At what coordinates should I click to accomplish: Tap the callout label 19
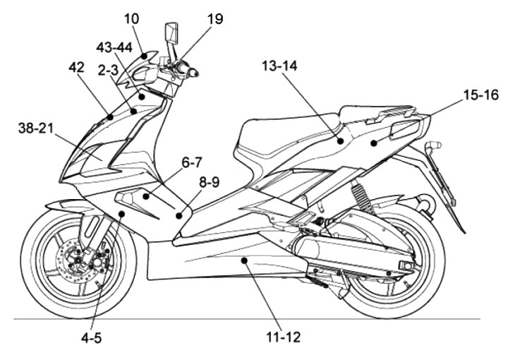tap(214, 19)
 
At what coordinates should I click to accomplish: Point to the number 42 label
tap(77, 68)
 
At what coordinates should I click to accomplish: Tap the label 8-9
tap(209, 181)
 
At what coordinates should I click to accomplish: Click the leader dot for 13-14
tap(340, 141)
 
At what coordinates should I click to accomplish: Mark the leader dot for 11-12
tap(243, 261)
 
